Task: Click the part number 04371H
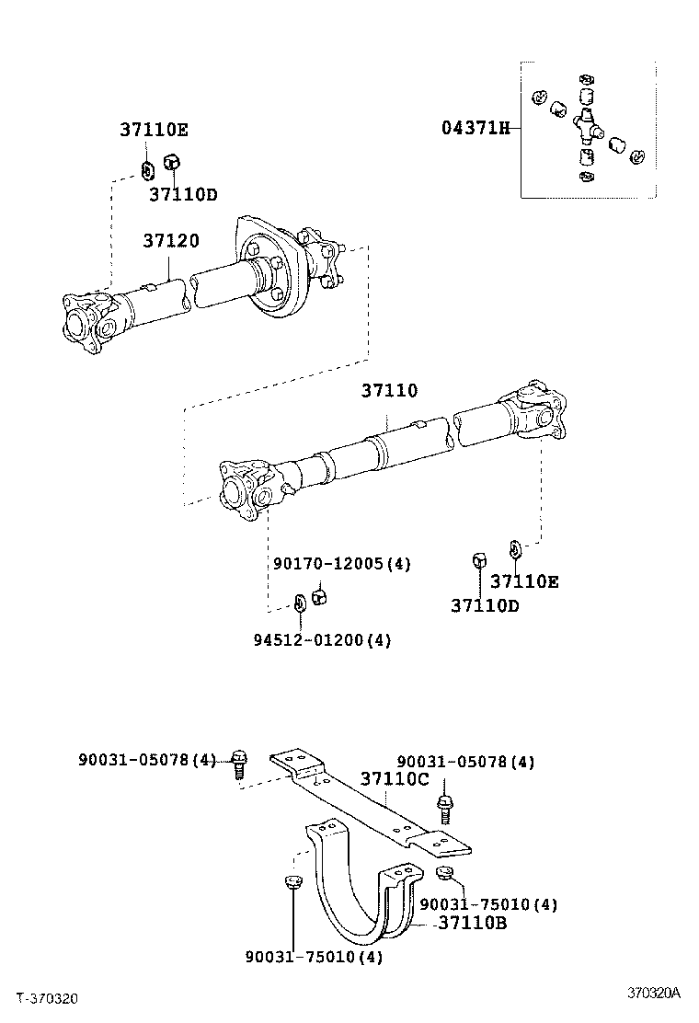point(475,128)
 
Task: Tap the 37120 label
point(170,241)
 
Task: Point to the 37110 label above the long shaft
point(388,391)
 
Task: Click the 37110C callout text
point(395,779)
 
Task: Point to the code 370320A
point(653,993)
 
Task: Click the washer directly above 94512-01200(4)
point(300,604)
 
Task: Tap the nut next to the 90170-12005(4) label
point(320,597)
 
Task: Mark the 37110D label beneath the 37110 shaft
point(485,605)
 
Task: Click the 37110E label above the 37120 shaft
point(153,130)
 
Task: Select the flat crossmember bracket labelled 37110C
point(368,800)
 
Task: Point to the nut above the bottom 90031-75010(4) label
point(292,884)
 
